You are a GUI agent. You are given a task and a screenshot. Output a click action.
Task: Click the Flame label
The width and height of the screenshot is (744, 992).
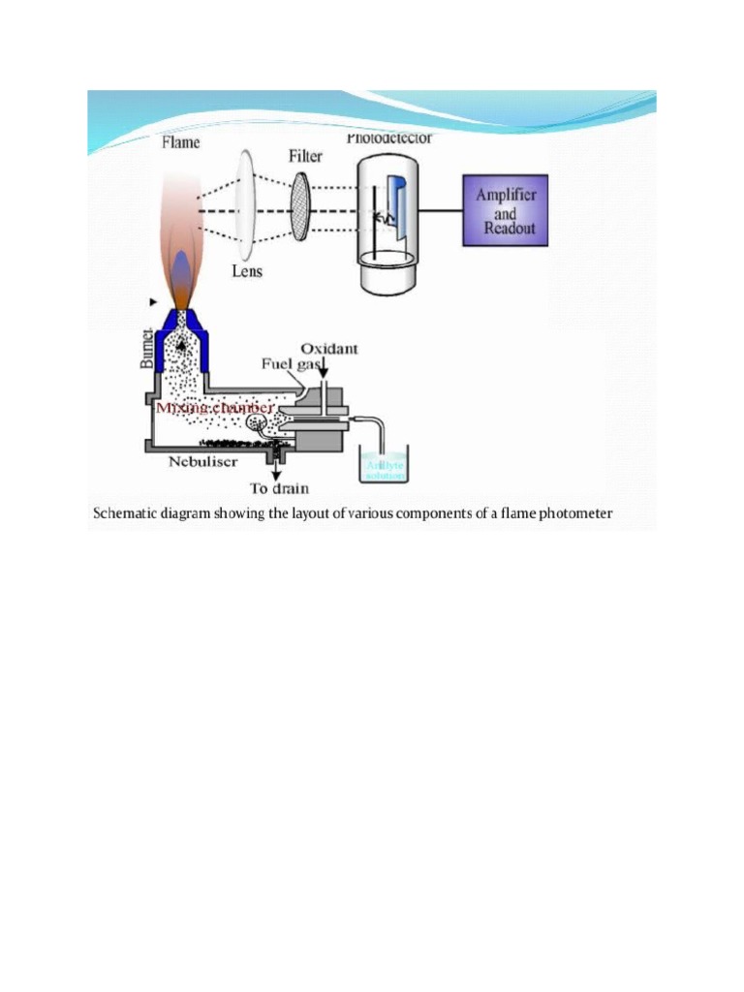pyautogui.click(x=180, y=142)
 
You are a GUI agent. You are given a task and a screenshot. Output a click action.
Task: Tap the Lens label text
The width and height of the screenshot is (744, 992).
pyautogui.click(x=247, y=271)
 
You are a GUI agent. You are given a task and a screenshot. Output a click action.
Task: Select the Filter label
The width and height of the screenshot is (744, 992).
pyautogui.click(x=305, y=156)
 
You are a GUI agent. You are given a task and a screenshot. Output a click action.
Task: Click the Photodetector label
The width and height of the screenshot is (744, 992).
pyautogui.click(x=389, y=139)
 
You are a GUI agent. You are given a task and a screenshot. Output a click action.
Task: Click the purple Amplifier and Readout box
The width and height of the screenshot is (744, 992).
pyautogui.click(x=505, y=210)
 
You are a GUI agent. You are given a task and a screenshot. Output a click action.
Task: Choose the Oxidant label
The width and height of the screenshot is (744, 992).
pyautogui.click(x=329, y=348)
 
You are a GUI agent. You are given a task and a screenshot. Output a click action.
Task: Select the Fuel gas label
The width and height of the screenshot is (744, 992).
pyautogui.click(x=291, y=364)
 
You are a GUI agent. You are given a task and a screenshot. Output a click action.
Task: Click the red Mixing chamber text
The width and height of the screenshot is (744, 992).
pyautogui.click(x=214, y=409)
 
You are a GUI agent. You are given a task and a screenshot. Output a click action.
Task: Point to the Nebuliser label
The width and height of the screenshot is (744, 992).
pyautogui.click(x=203, y=462)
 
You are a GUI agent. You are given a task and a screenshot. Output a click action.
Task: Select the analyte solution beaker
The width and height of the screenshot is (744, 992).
pyautogui.click(x=384, y=464)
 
